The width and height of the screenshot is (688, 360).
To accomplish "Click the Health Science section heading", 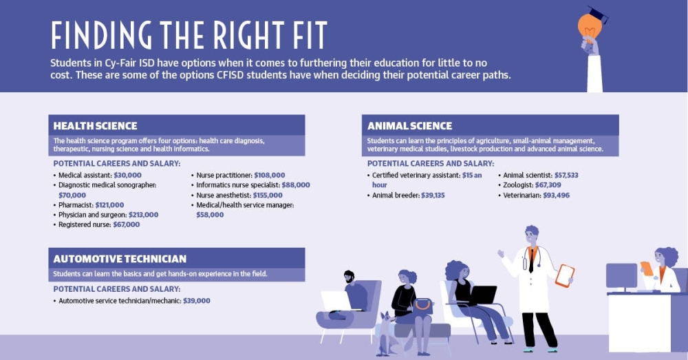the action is click(x=95, y=126).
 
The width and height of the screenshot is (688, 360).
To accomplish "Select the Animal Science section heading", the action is click(x=409, y=126).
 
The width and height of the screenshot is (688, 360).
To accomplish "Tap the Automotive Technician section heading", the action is click(x=120, y=259).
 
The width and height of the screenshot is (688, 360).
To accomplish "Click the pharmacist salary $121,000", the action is click(x=109, y=205).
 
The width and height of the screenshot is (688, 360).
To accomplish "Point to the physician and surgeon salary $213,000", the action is click(x=144, y=215).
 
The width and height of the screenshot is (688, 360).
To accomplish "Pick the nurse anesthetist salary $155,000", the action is click(x=268, y=195).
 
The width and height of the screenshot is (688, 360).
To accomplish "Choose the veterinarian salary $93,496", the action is click(x=557, y=195).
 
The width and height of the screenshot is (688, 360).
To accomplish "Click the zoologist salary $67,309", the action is click(x=548, y=185).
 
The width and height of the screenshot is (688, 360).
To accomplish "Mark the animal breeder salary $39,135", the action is click(x=433, y=195).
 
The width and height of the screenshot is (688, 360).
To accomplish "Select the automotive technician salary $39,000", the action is click(x=197, y=301).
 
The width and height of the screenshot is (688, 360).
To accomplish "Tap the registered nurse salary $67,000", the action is click(x=127, y=224).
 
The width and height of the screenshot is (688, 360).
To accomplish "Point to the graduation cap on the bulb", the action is click(x=598, y=14).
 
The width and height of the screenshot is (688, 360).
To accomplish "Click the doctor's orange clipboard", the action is click(x=565, y=276).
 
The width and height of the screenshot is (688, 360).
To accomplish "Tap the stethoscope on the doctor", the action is click(x=532, y=258).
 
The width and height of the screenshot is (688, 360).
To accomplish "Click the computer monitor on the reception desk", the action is click(x=621, y=277).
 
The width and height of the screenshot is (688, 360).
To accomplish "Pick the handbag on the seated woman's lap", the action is click(x=423, y=306).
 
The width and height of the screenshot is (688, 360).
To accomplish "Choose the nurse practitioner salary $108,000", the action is click(x=270, y=175).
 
